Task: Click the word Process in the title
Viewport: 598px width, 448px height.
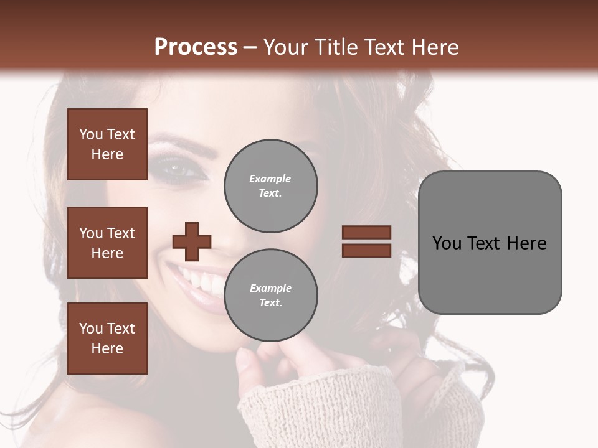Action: tap(196, 47)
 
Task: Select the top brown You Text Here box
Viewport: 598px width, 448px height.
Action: tap(107, 144)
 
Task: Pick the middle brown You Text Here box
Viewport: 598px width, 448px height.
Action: tap(107, 243)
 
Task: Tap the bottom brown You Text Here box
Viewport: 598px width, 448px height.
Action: tap(107, 338)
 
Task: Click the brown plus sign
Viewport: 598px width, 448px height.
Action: tap(191, 241)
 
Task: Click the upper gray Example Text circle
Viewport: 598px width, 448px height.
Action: tap(270, 186)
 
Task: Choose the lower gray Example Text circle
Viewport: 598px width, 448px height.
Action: tap(270, 296)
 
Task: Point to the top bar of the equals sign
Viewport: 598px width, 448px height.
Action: tap(366, 232)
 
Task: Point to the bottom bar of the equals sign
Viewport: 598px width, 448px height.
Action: tap(366, 250)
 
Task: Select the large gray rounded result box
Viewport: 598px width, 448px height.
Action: tap(490, 243)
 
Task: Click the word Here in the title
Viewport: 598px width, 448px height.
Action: tap(434, 47)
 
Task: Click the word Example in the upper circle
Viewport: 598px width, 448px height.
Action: tap(270, 179)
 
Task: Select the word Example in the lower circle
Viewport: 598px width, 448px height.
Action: tap(270, 288)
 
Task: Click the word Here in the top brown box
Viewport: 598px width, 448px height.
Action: tap(107, 154)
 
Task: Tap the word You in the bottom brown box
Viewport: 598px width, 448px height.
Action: tap(90, 329)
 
